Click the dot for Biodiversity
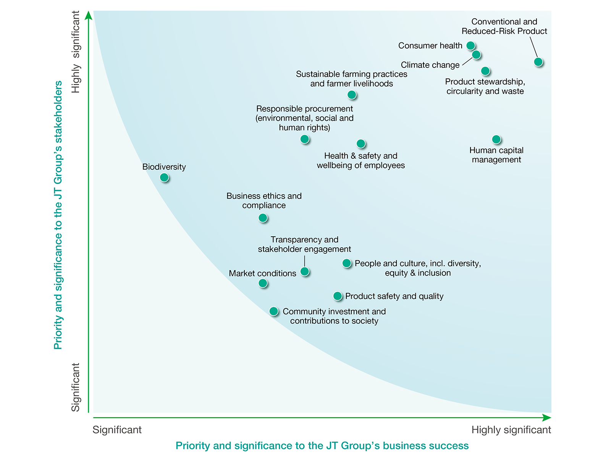[164, 177]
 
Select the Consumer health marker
[471, 46]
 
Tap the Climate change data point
[476, 55]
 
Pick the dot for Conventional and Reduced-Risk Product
[538, 62]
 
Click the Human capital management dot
[496, 140]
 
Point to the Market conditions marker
[263, 283]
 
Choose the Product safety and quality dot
[338, 296]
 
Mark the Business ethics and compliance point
[263, 218]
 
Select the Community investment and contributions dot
[274, 311]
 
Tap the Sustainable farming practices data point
[352, 95]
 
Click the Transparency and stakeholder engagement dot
[305, 272]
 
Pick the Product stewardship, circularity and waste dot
[485, 71]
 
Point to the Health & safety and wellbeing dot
[361, 144]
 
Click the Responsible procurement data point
[305, 139]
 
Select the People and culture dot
[347, 263]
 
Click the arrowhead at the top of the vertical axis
[89, 15]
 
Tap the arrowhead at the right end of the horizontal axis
[547, 418]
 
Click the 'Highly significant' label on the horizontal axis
[511, 430]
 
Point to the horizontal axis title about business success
[322, 446]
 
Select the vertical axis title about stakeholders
[58, 215]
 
